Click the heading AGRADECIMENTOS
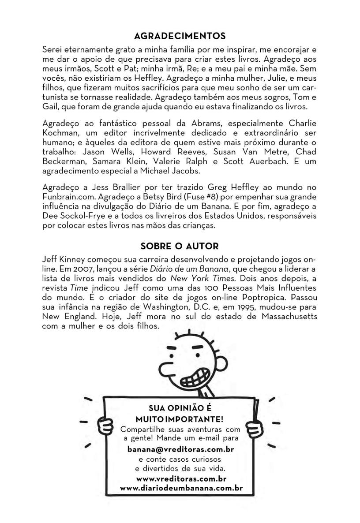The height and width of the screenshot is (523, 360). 180,35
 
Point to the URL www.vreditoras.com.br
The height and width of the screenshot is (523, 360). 181,478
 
